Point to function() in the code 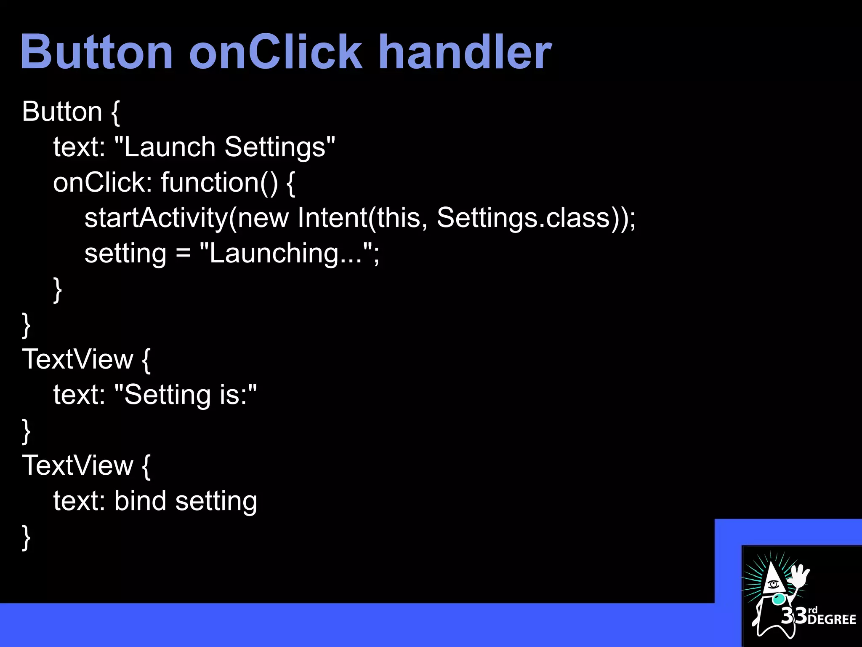pos(219,182)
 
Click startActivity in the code pos(156,218)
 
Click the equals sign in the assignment pos(183,254)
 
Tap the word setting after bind pos(216,501)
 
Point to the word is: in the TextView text pos(234,395)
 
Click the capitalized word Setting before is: pos(168,395)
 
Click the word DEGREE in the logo pos(832,619)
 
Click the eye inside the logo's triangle pos(773,584)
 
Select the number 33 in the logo pos(794,616)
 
